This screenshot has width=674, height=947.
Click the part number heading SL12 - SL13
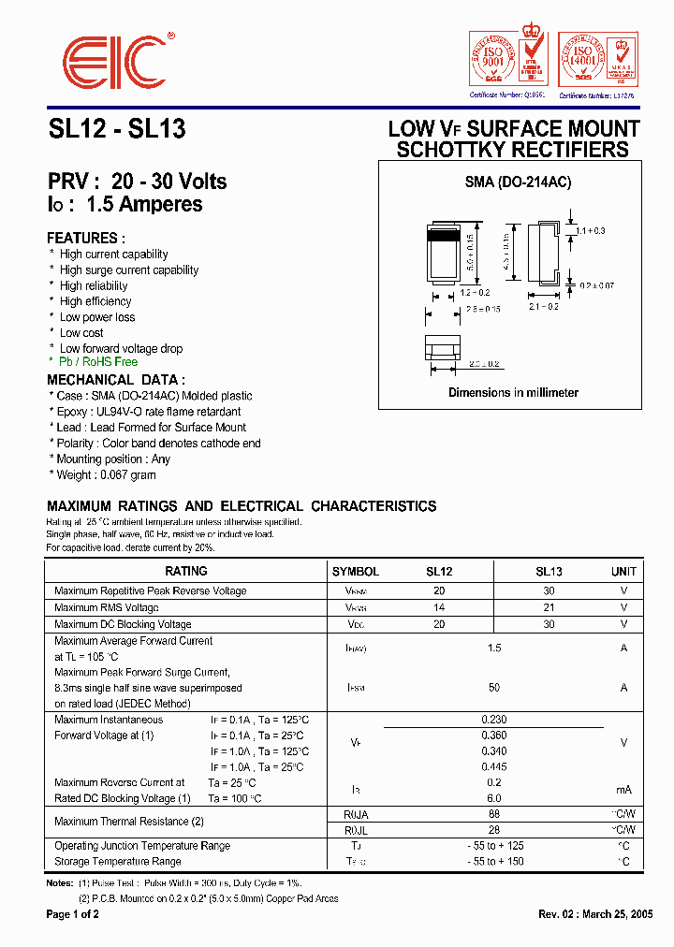tap(116, 130)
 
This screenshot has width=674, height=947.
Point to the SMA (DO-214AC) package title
tap(518, 182)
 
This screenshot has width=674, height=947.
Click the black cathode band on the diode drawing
tap(444, 237)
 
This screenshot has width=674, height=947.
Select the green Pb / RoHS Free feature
tap(98, 361)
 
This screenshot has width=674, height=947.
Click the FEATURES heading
tap(85, 239)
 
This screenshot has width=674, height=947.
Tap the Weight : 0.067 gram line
tap(107, 474)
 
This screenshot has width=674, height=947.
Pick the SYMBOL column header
tap(356, 571)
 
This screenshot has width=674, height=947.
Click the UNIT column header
tap(623, 571)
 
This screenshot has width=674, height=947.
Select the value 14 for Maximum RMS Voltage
tap(439, 607)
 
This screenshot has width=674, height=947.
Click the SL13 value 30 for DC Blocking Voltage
tap(549, 624)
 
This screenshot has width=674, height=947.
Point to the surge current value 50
tap(494, 688)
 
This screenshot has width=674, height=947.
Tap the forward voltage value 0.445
tap(494, 766)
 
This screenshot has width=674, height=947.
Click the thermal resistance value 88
tap(494, 814)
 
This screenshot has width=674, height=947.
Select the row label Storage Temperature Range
tap(118, 861)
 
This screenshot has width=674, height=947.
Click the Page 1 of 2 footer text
tap(73, 914)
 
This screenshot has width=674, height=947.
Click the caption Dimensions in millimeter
tap(513, 393)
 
